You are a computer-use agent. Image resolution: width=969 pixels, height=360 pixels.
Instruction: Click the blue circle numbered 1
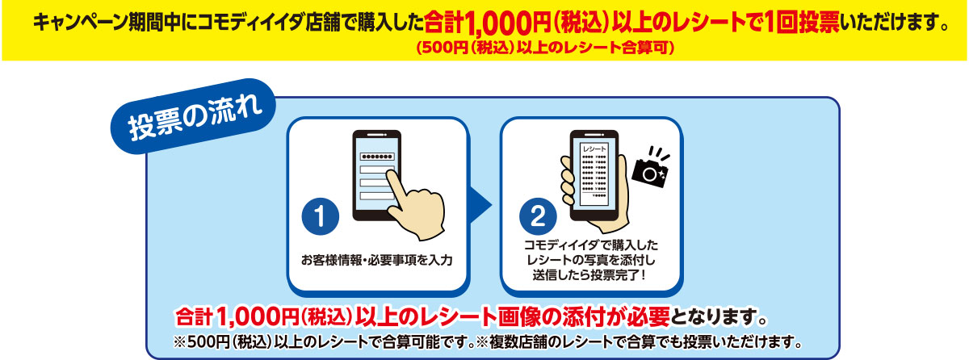tap(320, 216)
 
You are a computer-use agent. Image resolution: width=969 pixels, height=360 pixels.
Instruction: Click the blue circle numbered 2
tap(538, 216)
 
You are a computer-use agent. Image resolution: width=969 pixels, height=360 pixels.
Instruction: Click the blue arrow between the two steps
tap(481, 205)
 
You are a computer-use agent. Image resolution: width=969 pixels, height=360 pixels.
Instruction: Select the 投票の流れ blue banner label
tap(193, 116)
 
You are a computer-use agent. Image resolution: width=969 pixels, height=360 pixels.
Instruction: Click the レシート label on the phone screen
tap(594, 149)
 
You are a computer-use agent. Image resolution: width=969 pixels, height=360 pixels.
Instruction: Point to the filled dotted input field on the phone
tap(377, 157)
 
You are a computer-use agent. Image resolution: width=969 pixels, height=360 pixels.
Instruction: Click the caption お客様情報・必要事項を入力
tap(377, 260)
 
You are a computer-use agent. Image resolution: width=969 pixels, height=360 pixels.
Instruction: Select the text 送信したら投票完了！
tap(589, 275)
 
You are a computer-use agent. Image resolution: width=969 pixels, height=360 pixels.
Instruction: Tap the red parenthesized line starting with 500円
tap(545, 48)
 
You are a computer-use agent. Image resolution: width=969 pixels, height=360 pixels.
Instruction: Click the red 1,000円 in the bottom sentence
tap(257, 317)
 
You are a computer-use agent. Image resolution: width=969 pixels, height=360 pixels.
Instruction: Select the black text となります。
tap(719, 317)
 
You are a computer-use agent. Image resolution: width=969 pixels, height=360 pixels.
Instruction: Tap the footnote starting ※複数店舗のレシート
tap(639, 342)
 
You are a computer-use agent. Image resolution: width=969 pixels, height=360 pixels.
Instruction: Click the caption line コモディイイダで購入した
tap(591, 245)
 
